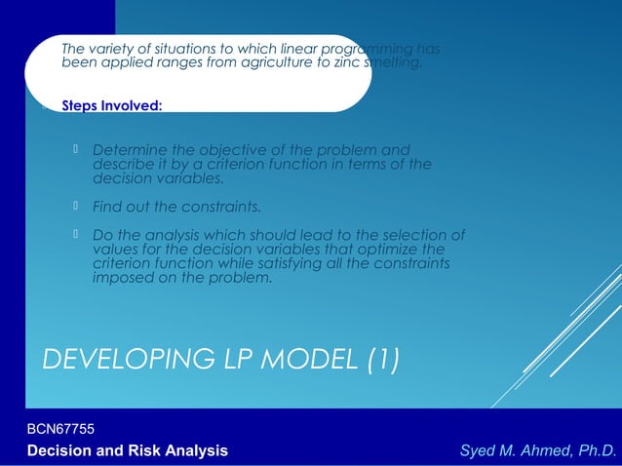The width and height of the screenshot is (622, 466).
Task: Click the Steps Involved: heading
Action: pyautogui.click(x=111, y=105)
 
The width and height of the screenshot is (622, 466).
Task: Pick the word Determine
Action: pyautogui.click(x=126, y=150)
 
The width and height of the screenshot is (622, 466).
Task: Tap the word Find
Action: pyautogui.click(x=107, y=207)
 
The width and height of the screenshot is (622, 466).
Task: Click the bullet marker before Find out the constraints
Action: pyautogui.click(x=77, y=207)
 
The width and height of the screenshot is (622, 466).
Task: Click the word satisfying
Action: pyautogui.click(x=306, y=263)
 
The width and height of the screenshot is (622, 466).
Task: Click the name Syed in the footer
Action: pyautogui.click(x=481, y=449)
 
